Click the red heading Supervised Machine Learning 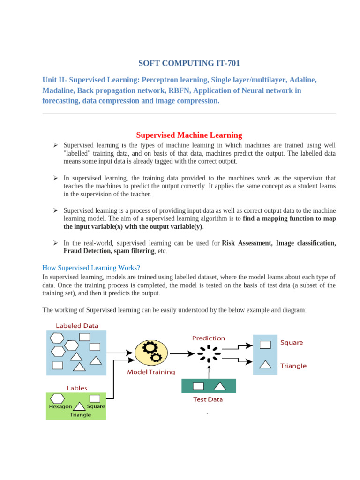click(x=189, y=135)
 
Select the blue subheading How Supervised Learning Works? click(x=91, y=268)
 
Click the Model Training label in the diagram click(x=151, y=372)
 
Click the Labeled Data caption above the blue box click(x=77, y=325)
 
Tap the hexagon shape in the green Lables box click(x=57, y=398)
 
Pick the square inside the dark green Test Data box click(x=198, y=386)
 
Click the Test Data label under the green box click(x=208, y=399)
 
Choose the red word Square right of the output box click(x=292, y=343)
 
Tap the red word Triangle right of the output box click(x=293, y=366)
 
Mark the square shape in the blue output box click(x=265, y=345)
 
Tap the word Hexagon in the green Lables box click(x=60, y=406)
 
